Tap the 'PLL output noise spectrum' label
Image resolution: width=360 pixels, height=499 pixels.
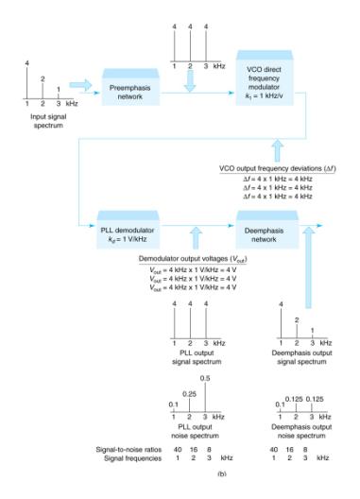coord(195,436)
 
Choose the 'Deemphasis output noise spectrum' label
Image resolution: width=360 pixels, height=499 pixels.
coord(300,436)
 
